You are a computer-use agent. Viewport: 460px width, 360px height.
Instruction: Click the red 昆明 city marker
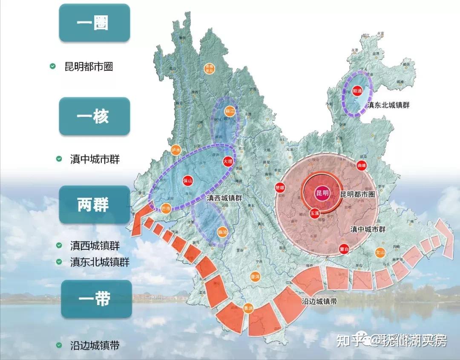pos(322,193)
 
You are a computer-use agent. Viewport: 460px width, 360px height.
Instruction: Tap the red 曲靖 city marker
pos(362,165)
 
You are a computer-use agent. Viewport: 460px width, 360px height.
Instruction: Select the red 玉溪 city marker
pos(314,213)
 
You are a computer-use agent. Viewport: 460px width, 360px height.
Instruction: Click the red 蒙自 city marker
pos(345,249)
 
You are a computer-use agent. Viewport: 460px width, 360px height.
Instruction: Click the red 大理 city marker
pos(228,161)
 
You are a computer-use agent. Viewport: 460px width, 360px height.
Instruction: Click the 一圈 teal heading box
pos(94,23)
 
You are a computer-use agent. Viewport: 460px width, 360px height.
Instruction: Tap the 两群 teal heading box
pos(94,205)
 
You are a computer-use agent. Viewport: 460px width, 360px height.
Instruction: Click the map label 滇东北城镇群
pos(388,105)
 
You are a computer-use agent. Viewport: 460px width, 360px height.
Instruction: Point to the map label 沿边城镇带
pos(319,301)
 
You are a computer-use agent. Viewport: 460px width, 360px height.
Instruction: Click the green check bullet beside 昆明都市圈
pos(53,66)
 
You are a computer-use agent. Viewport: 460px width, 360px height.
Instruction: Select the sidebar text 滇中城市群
pos(95,159)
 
